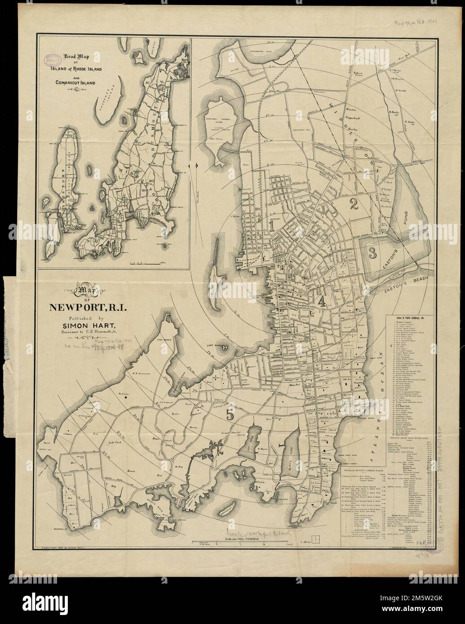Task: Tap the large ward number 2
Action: [353, 205]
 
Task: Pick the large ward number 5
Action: [230, 415]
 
